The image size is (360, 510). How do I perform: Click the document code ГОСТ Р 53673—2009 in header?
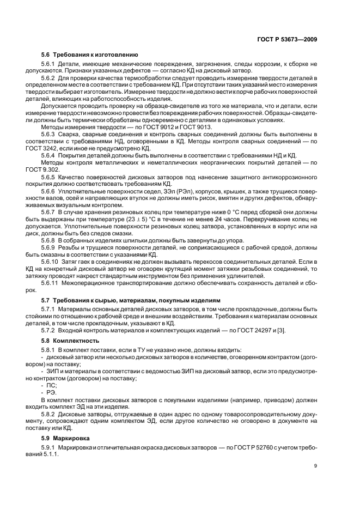point(287,39)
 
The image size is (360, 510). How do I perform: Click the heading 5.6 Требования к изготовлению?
point(90,55)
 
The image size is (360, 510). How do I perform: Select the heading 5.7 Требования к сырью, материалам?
point(131,300)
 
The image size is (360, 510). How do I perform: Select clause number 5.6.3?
point(49,133)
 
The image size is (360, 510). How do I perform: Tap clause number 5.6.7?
point(49,212)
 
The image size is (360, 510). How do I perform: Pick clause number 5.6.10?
point(51,262)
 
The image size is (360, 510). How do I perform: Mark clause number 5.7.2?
point(49,330)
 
